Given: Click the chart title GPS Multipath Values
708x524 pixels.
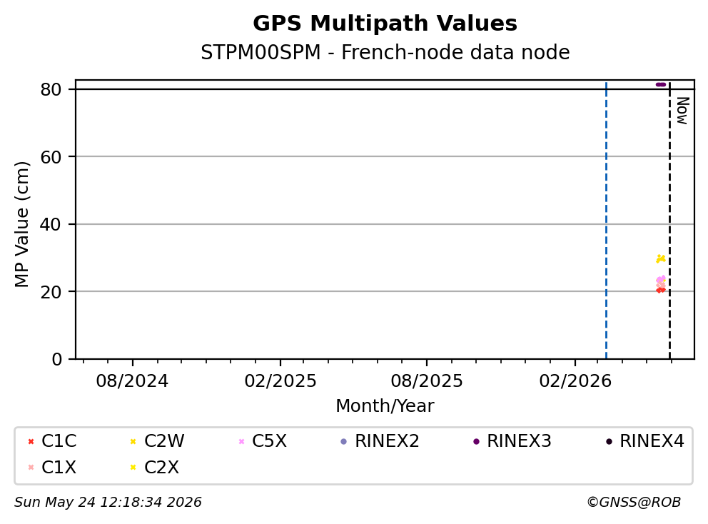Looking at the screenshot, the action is coord(385,24).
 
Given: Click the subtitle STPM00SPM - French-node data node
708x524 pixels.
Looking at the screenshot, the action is coord(385,52).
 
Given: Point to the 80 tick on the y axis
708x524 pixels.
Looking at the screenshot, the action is coord(51,89).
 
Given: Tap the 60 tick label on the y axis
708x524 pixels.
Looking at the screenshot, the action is coord(51,157).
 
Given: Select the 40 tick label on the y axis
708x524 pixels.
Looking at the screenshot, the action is coord(51,224).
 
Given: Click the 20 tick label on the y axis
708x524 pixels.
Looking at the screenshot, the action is coord(51,292).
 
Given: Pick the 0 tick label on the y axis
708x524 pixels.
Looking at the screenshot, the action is coord(56,359).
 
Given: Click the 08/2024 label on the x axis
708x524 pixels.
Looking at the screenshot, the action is coord(132,381).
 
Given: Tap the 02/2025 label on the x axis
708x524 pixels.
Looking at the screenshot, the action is coord(280,381).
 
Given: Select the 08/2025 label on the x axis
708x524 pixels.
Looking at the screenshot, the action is coord(427,381).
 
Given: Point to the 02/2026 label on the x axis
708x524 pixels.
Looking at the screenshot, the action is coord(575,381).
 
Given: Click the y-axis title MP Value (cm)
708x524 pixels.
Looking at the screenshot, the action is coord(22,224).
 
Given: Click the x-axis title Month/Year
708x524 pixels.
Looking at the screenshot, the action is coord(385,406).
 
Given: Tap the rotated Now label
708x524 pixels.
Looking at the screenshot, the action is coord(682,111).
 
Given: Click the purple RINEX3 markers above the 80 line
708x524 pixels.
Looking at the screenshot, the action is coord(661,84).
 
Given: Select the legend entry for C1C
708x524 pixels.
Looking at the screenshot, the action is coord(52,441).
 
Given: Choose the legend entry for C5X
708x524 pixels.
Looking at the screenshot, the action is coord(263,441).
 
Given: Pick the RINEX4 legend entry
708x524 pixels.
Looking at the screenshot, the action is coord(645,441).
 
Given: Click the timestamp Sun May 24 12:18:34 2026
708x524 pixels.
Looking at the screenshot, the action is coord(108,503).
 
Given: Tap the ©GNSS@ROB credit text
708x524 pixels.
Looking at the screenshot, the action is coord(634,503).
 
